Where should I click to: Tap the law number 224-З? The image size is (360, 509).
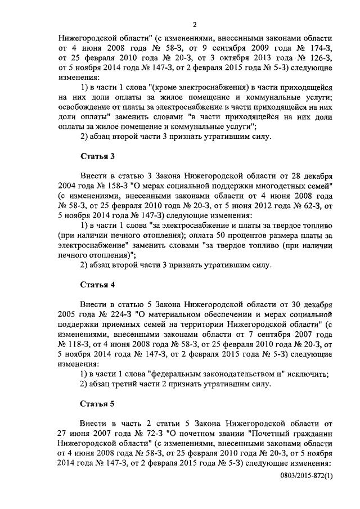pos(116,313)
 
